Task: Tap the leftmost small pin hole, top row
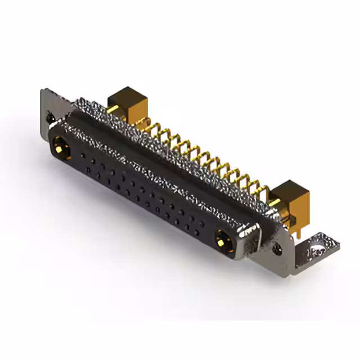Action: coord(83,155)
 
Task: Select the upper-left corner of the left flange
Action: coord(43,91)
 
